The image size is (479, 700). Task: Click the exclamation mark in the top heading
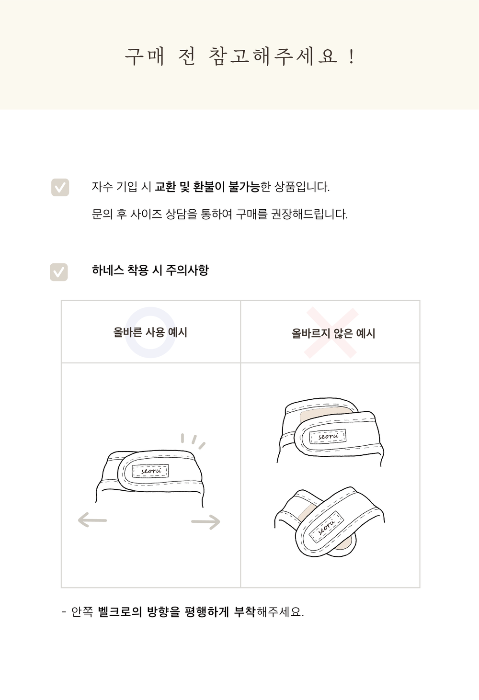352,57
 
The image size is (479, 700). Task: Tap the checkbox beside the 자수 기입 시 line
60,188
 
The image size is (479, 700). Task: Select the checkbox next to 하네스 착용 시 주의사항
59,272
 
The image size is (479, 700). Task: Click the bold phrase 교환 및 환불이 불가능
207,187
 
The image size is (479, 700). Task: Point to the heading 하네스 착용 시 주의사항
150,271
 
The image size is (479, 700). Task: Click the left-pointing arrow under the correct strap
92,520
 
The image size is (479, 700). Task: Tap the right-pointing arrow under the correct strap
206,521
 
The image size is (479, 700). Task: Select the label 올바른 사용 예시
150,332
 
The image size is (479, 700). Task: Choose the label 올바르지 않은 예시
333,333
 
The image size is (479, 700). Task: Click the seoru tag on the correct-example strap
150,471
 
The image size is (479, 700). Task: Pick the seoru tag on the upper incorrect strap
328,436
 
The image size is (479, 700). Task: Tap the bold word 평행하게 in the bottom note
206,611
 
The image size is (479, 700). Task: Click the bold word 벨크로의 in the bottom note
120,611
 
